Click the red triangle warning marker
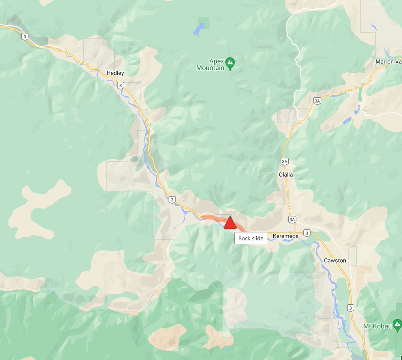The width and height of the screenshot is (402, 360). (230, 223)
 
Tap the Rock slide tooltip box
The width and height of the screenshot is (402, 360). (251, 238)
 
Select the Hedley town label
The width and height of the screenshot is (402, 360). (115, 73)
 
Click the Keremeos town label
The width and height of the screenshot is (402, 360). (285, 236)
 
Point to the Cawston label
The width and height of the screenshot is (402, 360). (335, 260)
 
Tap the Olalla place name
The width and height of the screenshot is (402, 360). (286, 174)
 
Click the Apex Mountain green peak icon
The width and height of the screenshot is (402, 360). (230, 62)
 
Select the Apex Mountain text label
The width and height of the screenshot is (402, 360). (210, 65)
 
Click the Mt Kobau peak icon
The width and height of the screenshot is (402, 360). (397, 324)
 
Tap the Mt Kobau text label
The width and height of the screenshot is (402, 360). (377, 326)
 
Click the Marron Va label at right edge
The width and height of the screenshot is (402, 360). (388, 62)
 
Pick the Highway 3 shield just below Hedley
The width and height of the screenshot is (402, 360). (121, 86)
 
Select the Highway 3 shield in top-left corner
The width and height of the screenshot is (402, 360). (24, 37)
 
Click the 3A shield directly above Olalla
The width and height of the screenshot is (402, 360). (284, 161)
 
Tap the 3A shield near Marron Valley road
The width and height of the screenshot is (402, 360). (317, 101)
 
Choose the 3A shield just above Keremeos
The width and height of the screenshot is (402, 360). (292, 220)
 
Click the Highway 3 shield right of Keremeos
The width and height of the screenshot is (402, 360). (307, 233)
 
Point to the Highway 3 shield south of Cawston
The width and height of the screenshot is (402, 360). (350, 308)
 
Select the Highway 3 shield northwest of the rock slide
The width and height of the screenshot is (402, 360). (172, 200)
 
